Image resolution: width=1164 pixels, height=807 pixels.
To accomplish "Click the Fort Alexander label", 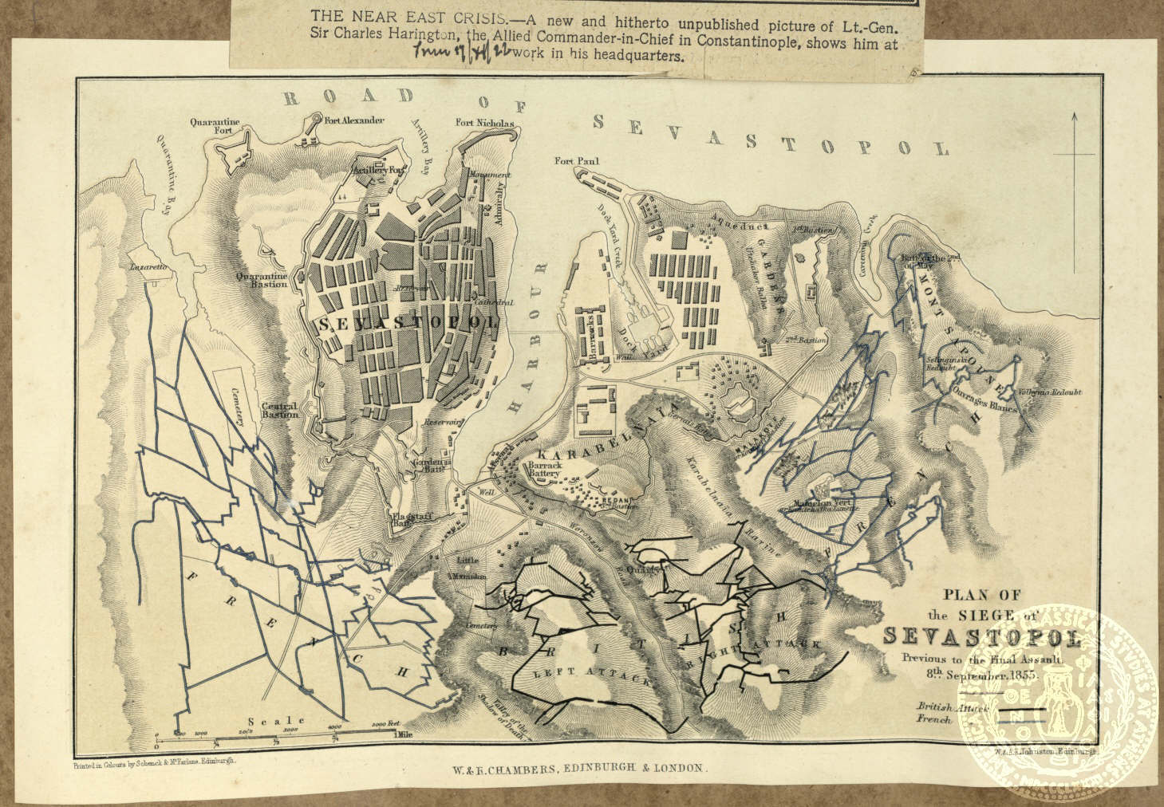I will [354, 120].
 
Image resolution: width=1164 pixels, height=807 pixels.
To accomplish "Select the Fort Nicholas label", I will [484, 123].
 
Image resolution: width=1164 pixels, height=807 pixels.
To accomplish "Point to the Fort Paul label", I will [577, 162].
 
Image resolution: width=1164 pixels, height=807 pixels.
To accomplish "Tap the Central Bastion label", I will [279, 410].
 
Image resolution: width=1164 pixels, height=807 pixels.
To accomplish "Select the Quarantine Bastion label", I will [262, 281].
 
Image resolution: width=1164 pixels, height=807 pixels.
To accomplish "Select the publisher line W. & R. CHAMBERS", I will [574, 767].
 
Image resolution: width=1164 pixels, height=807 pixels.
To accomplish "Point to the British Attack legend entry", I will [953, 707].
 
